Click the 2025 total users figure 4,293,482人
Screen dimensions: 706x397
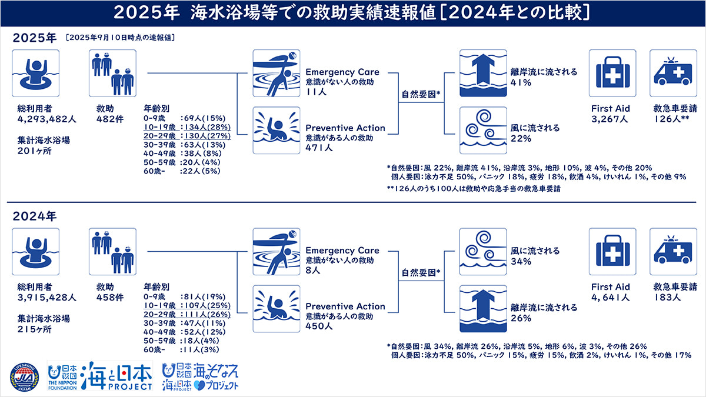(x=46, y=119)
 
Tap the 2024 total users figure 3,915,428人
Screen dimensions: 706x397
(x=46, y=298)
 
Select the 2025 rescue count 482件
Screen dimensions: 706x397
(x=110, y=119)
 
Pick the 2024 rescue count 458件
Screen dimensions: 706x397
(x=110, y=298)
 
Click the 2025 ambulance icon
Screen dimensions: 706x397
(x=673, y=73)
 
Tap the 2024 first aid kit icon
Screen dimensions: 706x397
(x=612, y=252)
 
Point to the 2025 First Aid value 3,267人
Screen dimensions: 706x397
(x=610, y=119)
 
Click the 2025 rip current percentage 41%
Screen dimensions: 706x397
(x=521, y=82)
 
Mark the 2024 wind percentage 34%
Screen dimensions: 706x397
(x=521, y=262)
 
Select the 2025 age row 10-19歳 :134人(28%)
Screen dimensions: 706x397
(x=187, y=127)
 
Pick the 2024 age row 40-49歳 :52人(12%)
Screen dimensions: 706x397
(x=185, y=332)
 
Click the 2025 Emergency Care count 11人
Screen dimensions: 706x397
(x=316, y=92)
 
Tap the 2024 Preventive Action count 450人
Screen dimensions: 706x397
(x=319, y=326)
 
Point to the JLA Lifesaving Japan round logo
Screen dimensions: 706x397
(x=25, y=378)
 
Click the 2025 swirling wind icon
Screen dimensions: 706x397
(x=483, y=131)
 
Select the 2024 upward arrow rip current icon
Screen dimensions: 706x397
(x=483, y=309)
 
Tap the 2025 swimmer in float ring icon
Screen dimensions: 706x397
(x=36, y=73)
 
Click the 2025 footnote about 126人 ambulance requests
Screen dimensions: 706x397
(x=474, y=189)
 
